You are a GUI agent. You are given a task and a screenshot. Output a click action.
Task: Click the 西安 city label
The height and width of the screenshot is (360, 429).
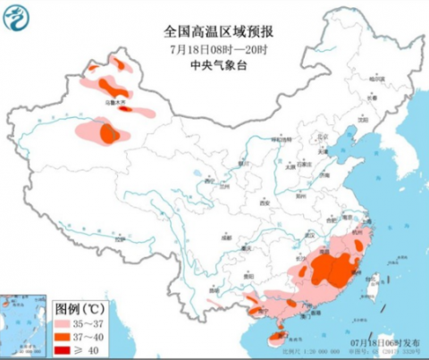click(x=265, y=204)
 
